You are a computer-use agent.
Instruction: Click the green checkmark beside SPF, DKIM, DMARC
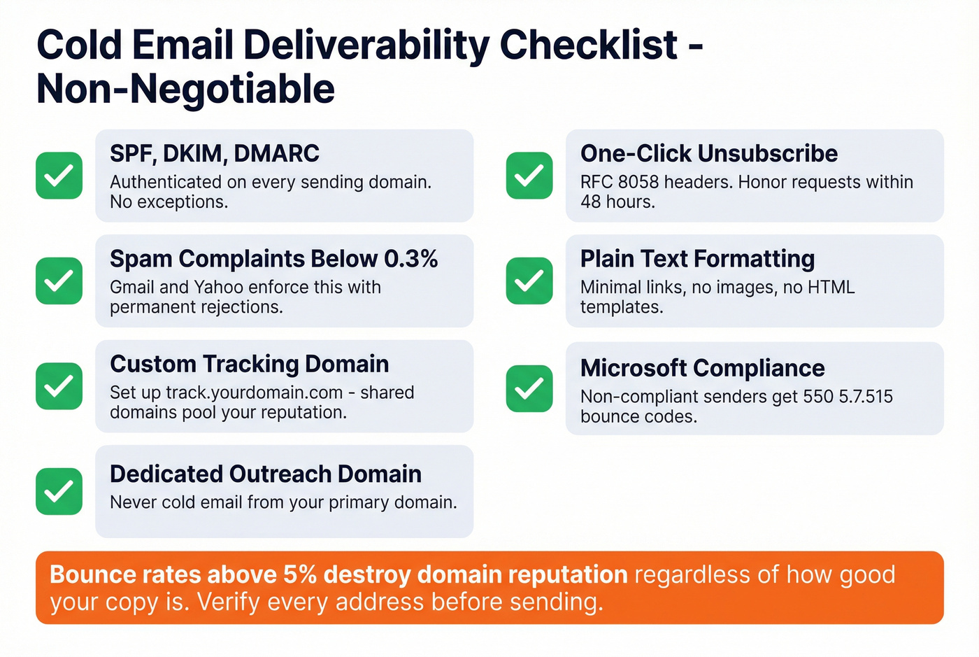point(59,176)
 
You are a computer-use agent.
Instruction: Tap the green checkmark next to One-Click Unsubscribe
point(529,176)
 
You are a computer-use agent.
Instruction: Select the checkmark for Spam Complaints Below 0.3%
point(59,281)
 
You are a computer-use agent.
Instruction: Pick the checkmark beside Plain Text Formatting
point(529,281)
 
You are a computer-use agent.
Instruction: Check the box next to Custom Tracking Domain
point(59,386)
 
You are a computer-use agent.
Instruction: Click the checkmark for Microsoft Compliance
point(529,388)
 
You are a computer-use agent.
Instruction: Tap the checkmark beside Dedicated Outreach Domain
point(59,491)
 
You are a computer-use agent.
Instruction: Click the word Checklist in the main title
point(588,45)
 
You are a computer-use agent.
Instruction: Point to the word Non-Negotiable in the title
point(185,89)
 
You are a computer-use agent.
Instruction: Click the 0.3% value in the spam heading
point(410,259)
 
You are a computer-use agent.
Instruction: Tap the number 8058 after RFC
point(638,182)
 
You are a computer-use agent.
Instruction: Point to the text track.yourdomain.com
point(254,393)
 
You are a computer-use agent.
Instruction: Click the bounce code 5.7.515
point(866,397)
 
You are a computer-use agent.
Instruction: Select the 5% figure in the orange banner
point(300,574)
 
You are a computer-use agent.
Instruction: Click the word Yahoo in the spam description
point(218,287)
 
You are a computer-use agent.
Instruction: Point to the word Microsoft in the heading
point(634,368)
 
